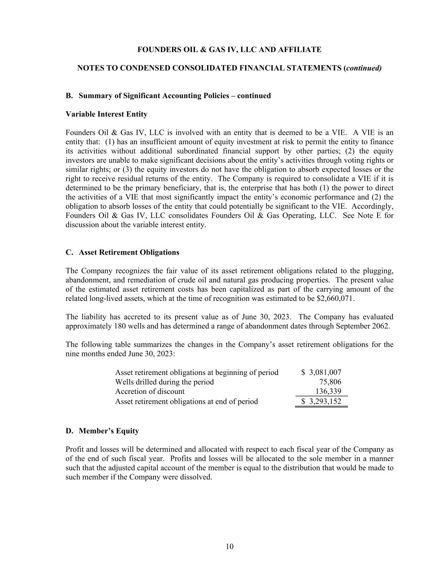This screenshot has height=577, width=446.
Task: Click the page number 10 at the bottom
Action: tap(229, 547)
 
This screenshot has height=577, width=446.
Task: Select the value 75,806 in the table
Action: tap(330, 382)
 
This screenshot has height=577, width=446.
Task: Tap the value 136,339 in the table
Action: tap(328, 391)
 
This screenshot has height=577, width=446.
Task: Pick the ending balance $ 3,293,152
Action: tap(321, 401)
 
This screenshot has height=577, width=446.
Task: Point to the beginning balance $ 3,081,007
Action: tap(321, 372)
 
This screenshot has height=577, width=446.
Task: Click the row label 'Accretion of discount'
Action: tap(150, 391)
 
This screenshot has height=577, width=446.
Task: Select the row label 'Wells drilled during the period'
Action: tap(164, 382)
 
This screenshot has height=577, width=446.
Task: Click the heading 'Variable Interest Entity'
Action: tap(107, 114)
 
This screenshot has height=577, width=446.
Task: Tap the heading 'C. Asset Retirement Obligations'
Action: tap(123, 252)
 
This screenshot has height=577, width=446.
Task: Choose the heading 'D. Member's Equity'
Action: tap(102, 431)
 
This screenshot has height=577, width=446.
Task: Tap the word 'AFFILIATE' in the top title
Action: tap(302, 49)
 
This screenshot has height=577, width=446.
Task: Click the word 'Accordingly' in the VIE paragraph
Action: tap(372, 206)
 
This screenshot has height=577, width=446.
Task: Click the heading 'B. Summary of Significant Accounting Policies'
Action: tap(168, 96)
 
